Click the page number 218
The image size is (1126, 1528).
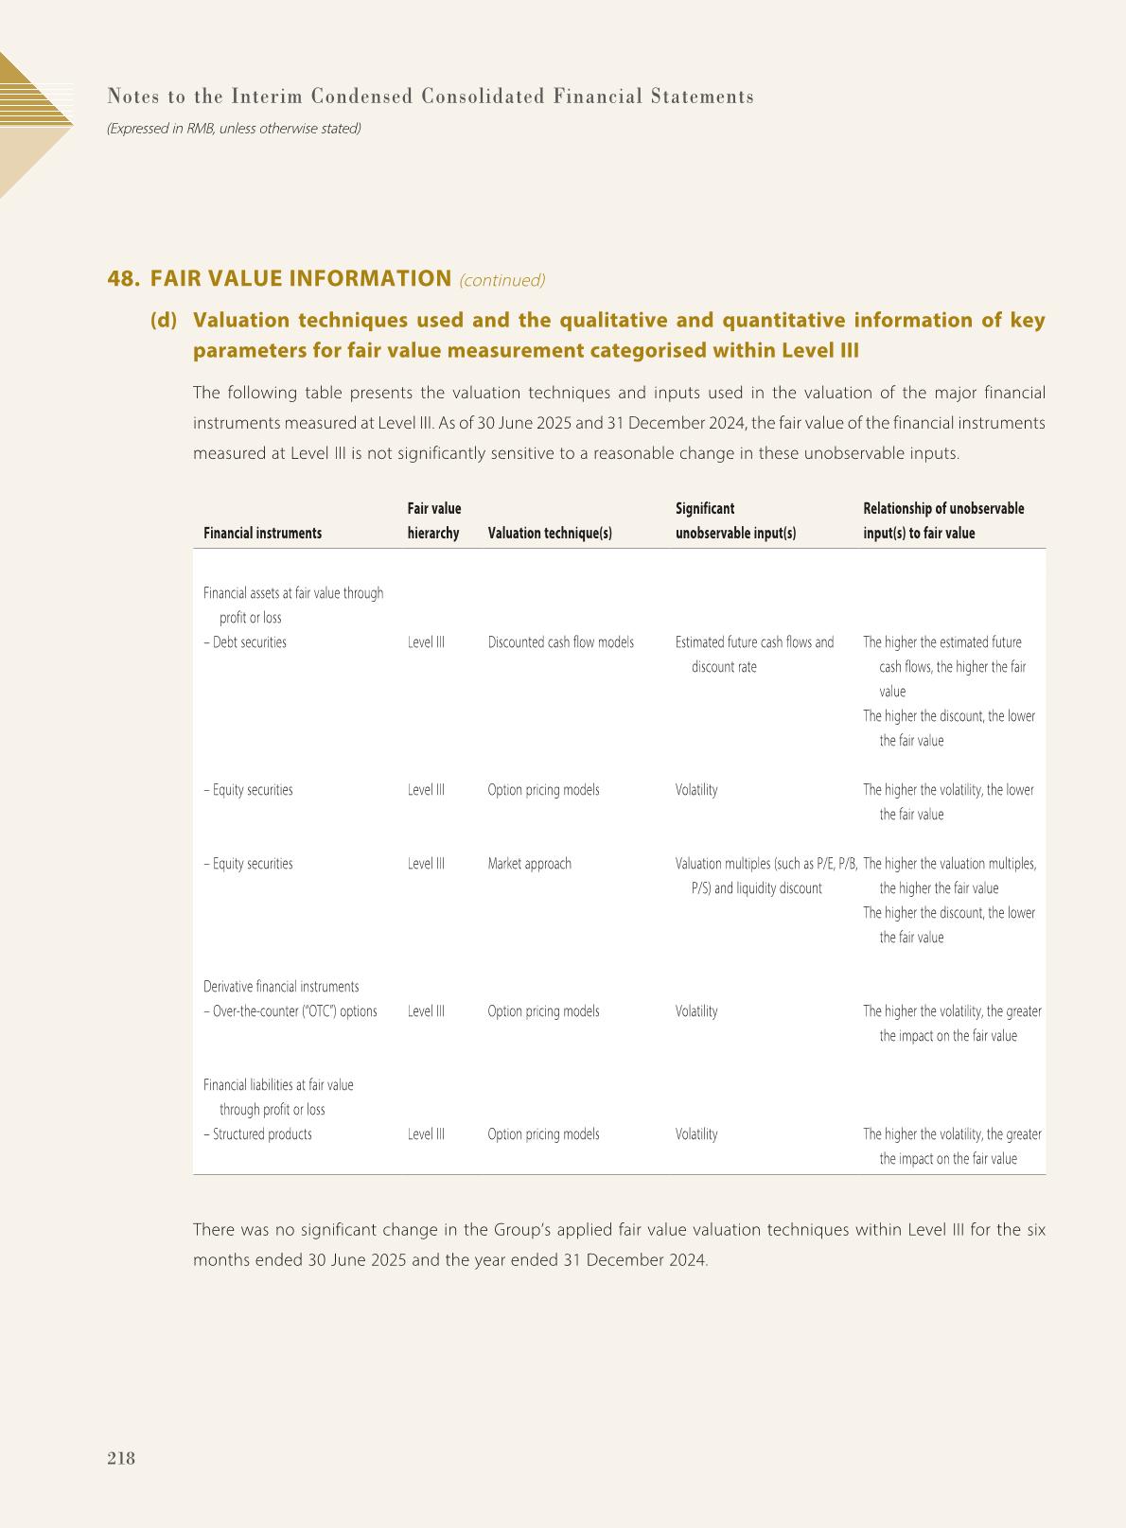pyautogui.click(x=121, y=1458)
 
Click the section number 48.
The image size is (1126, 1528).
pyautogui.click(x=123, y=278)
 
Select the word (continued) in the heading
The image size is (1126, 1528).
pyautogui.click(x=501, y=280)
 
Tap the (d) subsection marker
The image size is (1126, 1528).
pyautogui.click(x=164, y=321)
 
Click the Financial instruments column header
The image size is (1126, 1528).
pyautogui.click(x=262, y=533)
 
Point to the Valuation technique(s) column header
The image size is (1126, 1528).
pyautogui.click(x=549, y=533)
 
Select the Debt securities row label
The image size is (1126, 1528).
pyautogui.click(x=245, y=642)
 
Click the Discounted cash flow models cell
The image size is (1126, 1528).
pyautogui.click(x=560, y=642)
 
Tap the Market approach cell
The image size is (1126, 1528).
pyautogui.click(x=529, y=864)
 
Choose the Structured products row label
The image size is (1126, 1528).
pyautogui.click(x=257, y=1134)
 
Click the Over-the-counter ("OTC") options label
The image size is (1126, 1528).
pyautogui.click(x=290, y=1011)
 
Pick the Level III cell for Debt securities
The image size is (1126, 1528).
pyautogui.click(x=426, y=642)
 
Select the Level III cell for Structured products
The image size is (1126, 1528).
pyautogui.click(x=426, y=1134)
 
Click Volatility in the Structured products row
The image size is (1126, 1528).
pyautogui.click(x=696, y=1134)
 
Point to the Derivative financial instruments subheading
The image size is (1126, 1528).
pyautogui.click(x=281, y=987)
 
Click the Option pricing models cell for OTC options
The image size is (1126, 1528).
pyautogui.click(x=543, y=1011)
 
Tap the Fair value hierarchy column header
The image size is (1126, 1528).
pyautogui.click(x=434, y=520)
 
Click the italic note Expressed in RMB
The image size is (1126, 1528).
pyautogui.click(x=234, y=128)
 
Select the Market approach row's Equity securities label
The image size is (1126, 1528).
pyautogui.click(x=248, y=864)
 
